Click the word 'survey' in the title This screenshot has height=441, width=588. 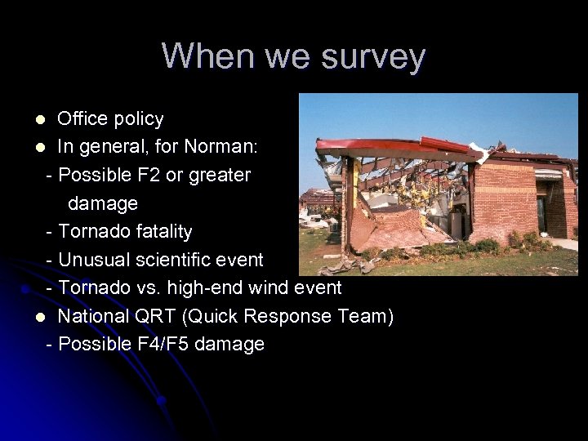[375, 56]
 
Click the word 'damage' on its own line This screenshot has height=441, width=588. [103, 203]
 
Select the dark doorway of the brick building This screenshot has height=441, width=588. [541, 213]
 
